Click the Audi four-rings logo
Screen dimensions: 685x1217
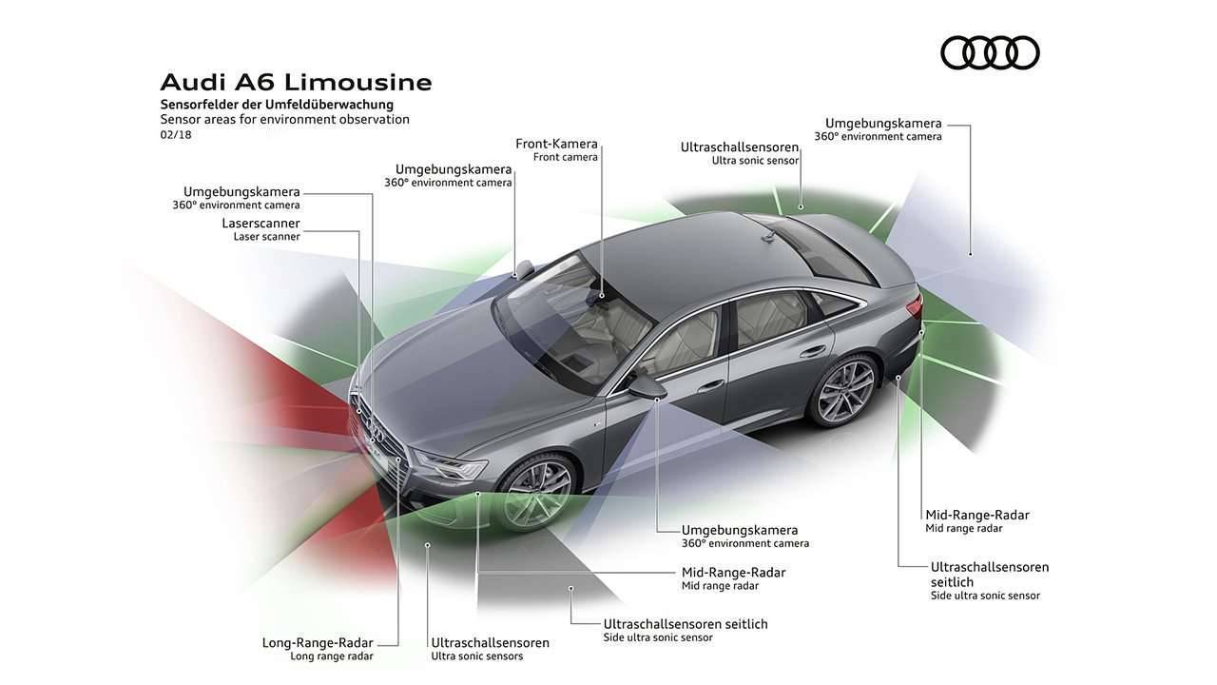coord(990,52)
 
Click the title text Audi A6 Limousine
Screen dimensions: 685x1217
coord(296,82)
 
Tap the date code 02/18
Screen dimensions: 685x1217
coord(176,135)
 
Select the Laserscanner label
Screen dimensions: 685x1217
coord(261,223)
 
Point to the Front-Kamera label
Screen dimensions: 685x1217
coord(556,144)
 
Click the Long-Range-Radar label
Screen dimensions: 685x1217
coord(318,642)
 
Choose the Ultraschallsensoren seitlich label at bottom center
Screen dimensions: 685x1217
coord(686,624)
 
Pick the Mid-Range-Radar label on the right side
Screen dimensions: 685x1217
coord(977,515)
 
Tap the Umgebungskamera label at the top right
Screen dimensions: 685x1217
coord(883,123)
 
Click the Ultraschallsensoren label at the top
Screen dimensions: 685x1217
coord(740,147)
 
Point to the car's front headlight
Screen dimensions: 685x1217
coord(451,465)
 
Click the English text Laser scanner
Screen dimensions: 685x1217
coord(266,237)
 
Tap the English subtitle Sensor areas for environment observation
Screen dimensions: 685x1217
coord(284,120)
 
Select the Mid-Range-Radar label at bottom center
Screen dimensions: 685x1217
coord(733,572)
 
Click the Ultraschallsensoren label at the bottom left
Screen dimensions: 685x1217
coord(490,642)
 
